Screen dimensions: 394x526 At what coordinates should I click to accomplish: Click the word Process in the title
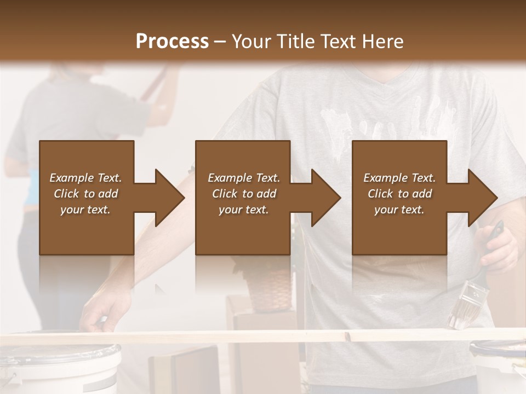pyautogui.click(x=172, y=42)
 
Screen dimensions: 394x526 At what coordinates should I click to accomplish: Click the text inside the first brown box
pyautogui.click(x=86, y=194)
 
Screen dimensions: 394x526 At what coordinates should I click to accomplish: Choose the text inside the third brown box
pyautogui.click(x=399, y=194)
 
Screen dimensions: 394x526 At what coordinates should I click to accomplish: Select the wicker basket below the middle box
pyautogui.click(x=268, y=287)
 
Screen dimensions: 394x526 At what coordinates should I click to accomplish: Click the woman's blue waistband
pyautogui.click(x=30, y=189)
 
